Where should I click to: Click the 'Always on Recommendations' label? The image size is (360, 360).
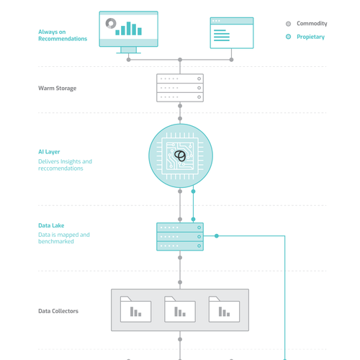tap(63, 35)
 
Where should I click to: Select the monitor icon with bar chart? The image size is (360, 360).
tap(128, 30)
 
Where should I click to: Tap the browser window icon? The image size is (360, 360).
tap(231, 33)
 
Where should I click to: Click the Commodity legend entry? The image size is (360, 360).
tap(307, 24)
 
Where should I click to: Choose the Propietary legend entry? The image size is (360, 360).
tap(305, 37)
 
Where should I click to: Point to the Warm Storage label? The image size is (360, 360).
tap(57, 89)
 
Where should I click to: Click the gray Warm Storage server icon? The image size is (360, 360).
tap(180, 88)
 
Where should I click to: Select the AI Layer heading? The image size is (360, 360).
tap(50, 152)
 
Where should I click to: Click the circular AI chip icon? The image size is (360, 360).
tap(180, 156)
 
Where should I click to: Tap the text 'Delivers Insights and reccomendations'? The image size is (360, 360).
tap(65, 165)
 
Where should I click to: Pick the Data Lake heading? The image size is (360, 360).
tap(51, 225)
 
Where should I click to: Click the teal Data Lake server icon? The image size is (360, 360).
tap(180, 236)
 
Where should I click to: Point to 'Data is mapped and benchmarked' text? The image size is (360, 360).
tap(63, 238)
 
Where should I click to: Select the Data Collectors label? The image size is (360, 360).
tap(58, 311)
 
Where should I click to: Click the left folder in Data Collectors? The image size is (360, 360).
tap(135, 309)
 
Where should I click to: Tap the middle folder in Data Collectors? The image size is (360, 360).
tap(180, 309)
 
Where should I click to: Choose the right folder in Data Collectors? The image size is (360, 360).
tap(224, 309)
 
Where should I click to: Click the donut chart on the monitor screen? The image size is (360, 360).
tap(111, 24)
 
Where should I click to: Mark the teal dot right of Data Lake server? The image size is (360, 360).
tap(217, 236)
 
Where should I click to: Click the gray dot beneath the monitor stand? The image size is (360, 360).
tap(129, 60)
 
